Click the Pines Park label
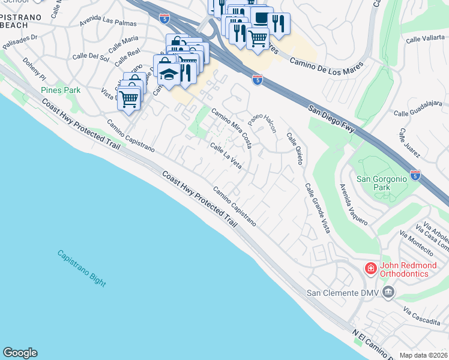coord(61,90)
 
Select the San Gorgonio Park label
coord(381,183)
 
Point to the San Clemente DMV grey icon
coord(388,293)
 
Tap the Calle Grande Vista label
coord(318,208)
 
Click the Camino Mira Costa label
coord(231,128)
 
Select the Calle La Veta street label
coord(226,155)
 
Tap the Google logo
coord(20,353)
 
